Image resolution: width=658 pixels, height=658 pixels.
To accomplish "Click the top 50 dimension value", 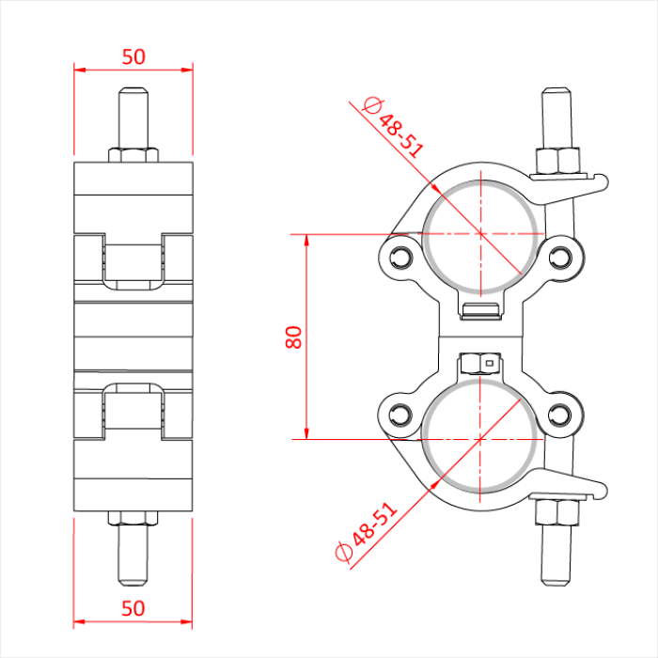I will pos(133,56).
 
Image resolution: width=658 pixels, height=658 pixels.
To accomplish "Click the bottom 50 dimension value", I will pos(133,608).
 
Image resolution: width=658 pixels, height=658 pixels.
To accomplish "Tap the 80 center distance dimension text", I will pos(294,337).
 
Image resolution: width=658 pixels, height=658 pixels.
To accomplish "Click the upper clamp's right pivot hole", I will pos(561,256).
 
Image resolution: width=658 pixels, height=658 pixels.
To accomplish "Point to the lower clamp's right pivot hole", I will pos(561,414).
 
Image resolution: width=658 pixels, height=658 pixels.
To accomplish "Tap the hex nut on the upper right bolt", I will pos(556,161).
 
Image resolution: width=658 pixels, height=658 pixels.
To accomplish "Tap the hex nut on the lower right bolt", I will pos(556,512).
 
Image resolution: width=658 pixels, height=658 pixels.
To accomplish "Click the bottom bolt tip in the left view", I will pos(133,568).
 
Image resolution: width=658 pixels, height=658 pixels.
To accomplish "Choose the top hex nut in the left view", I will pos(133,153).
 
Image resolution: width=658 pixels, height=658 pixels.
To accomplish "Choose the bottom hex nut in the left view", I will pos(133,517).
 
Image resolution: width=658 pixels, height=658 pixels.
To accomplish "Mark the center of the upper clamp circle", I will pos(481,232).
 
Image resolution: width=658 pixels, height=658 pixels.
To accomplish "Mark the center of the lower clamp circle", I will pos(481,439).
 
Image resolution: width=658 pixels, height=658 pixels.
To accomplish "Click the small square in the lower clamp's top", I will pos(488,360).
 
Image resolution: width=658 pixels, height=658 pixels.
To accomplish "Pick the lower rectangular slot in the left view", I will pos(133,413).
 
